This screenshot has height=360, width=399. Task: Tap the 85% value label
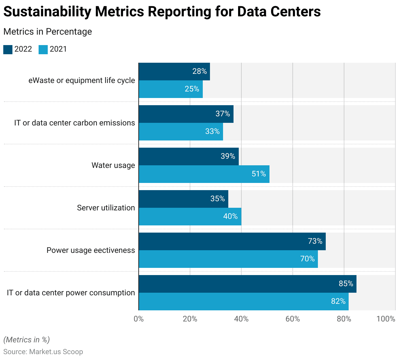[346, 284]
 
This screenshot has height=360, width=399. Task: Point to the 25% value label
[192, 89]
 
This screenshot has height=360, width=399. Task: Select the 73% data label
[315, 241]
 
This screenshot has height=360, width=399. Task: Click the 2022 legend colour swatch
[8, 50]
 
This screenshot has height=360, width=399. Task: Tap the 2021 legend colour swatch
[43, 50]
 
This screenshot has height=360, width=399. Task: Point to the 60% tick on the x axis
[293, 319]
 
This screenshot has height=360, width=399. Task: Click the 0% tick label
[139, 319]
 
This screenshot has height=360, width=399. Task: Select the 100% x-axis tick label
[386, 319]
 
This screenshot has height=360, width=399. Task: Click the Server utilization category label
[106, 208]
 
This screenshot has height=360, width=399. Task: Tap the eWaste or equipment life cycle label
[82, 80]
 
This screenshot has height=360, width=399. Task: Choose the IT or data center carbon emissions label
[75, 123]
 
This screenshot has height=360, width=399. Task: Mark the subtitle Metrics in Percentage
[47, 32]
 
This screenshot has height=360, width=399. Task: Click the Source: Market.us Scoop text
[43, 352]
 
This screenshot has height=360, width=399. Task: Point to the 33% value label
[213, 131]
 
